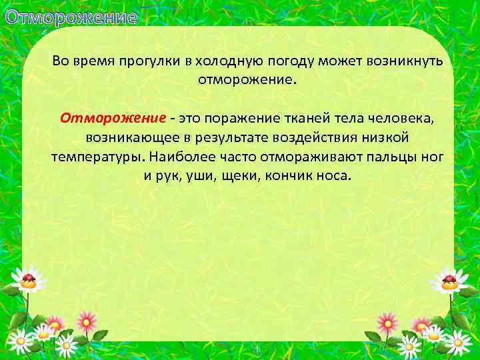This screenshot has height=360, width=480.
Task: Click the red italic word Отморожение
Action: click(x=113, y=119)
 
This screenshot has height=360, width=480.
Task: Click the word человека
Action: click(x=401, y=119)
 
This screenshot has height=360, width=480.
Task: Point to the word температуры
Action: click(x=97, y=157)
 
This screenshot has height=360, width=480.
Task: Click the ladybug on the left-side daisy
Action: click(x=29, y=279)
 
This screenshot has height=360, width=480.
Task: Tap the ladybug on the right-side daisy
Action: click(x=449, y=279)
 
